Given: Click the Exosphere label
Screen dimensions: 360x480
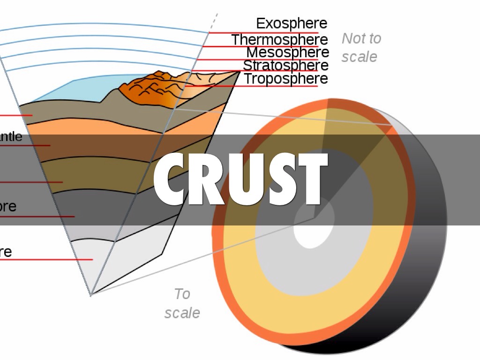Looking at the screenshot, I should coord(291,23).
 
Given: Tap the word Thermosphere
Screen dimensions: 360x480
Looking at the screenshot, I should coord(279,39).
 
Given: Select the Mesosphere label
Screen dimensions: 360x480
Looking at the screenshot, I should coord(287,52).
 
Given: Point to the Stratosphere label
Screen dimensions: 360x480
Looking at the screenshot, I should coord(285,65).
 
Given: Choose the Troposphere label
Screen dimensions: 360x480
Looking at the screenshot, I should coord(285,79).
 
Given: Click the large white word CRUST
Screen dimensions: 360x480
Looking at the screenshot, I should coord(240,180).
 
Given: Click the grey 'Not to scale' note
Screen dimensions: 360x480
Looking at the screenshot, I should coord(360,47).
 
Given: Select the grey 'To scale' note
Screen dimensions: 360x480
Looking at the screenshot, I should coord(182,303).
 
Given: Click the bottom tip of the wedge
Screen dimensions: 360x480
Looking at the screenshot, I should coord(91,294).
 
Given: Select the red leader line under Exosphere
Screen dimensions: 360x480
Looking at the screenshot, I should coord(262,33).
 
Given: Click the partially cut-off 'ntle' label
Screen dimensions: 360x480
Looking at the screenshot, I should coord(10,137).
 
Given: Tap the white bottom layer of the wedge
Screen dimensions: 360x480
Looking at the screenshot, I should coord(117,262).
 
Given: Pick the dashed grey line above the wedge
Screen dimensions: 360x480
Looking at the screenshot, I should coord(214,21).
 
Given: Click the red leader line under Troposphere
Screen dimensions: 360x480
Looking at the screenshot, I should coord(253,86).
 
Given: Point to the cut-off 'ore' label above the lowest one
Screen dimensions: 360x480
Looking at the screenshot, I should coord(7,207).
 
